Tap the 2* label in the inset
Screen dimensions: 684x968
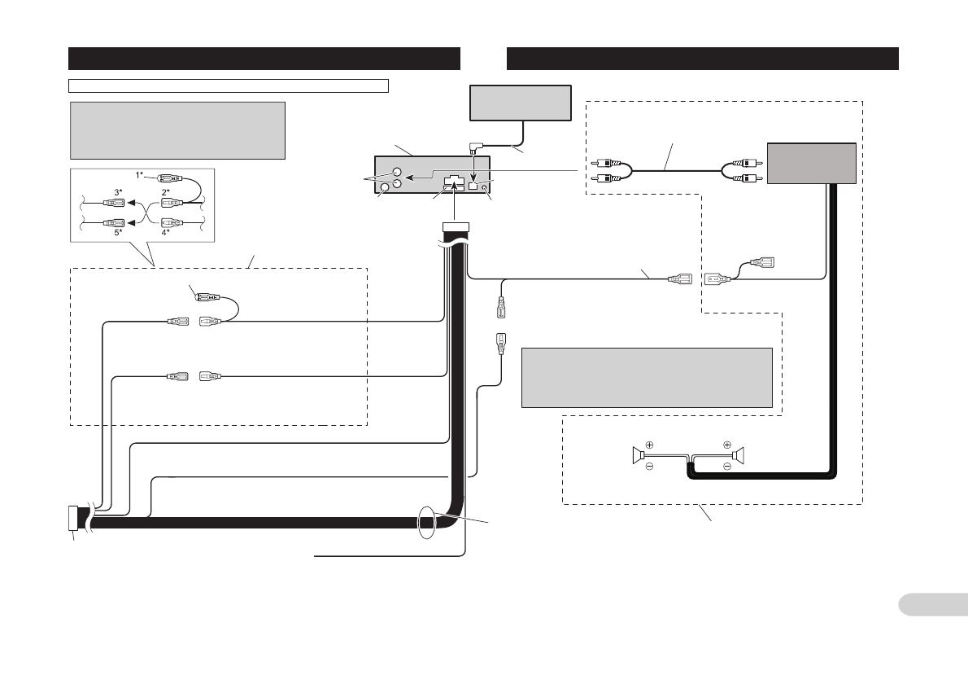[x=165, y=191]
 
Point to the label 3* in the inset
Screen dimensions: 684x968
[x=118, y=191]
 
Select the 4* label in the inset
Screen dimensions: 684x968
[x=165, y=232]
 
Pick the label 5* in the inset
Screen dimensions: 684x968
[x=118, y=232]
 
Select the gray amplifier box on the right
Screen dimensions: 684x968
[x=811, y=163]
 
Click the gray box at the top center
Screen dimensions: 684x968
[x=520, y=103]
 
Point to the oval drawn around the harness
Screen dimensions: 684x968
[x=426, y=522]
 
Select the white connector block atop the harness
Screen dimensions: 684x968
[x=454, y=227]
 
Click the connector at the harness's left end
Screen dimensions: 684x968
[x=73, y=518]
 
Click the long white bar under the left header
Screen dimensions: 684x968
[x=229, y=84]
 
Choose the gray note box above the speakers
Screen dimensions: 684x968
[x=646, y=377]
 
